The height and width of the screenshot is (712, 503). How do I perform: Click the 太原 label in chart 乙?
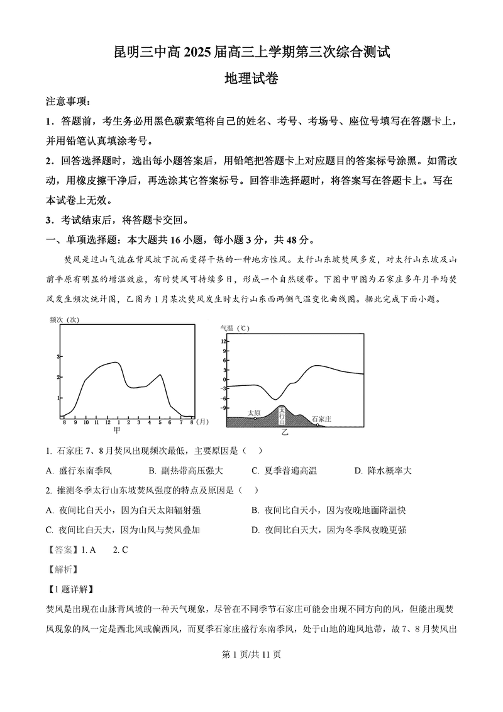point(254,413)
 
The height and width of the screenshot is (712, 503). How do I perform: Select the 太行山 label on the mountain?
point(282,415)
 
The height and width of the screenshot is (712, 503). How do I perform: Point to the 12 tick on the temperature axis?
point(223,341)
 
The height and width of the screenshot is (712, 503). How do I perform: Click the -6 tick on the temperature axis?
point(223,398)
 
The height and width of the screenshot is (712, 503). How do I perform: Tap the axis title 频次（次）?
point(64,320)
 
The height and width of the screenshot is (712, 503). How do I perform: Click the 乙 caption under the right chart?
point(284,434)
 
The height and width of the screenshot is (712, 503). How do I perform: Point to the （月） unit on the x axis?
point(202,422)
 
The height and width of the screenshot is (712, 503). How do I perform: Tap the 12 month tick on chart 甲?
point(107,422)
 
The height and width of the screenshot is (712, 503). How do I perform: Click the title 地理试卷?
point(251,79)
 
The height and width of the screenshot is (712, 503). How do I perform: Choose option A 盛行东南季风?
point(79,470)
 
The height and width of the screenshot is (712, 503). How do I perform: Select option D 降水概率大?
point(383,470)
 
